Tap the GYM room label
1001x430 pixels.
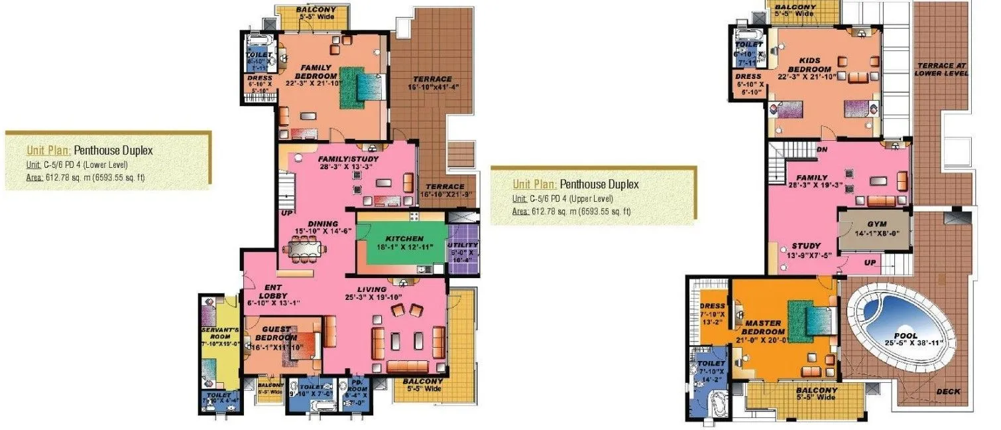click(867, 226)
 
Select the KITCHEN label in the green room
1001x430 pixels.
click(406, 238)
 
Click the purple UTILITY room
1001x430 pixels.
click(462, 246)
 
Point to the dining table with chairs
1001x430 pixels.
click(305, 250)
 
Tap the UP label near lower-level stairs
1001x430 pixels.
click(286, 213)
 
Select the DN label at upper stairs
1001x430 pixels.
click(822, 150)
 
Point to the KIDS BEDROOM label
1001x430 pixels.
click(809, 64)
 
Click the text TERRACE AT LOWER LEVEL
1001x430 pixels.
click(942, 69)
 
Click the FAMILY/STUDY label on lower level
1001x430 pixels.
click(346, 160)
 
